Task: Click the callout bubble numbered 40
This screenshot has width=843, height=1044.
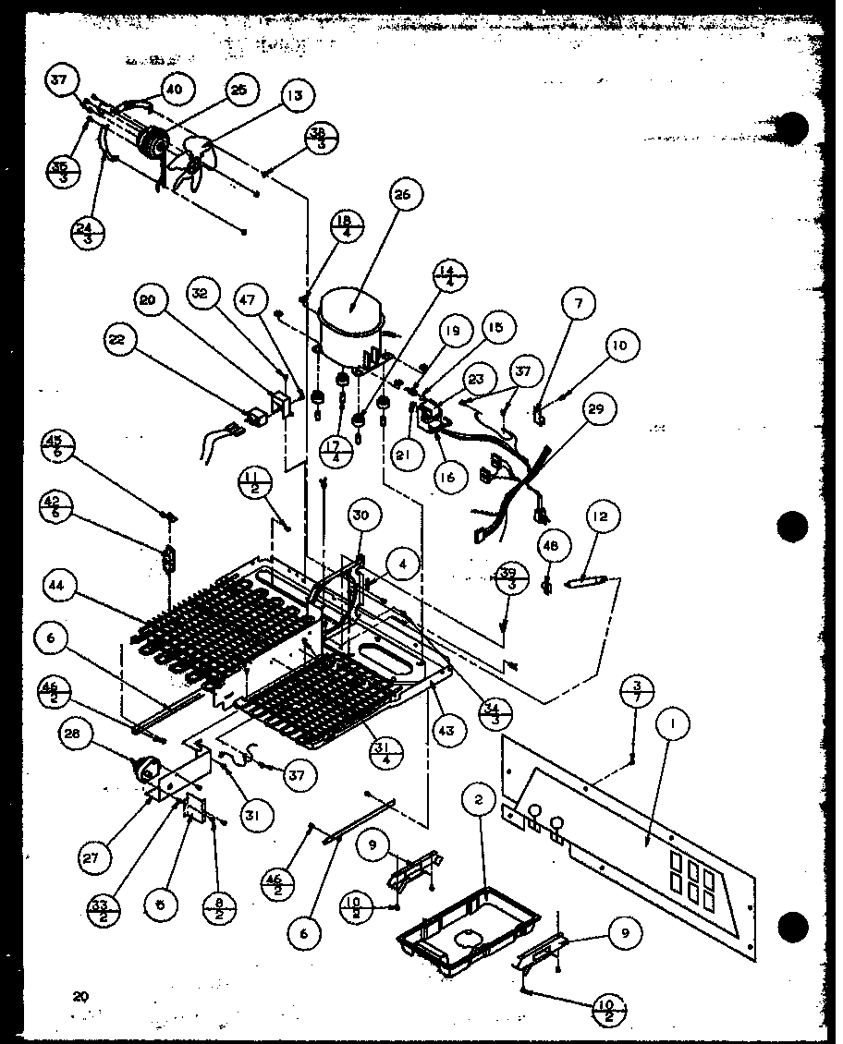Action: tap(174, 90)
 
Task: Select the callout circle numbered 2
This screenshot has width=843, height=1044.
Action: tap(479, 802)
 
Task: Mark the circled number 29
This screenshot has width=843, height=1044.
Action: tap(598, 408)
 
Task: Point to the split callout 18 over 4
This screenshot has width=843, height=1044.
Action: tap(344, 227)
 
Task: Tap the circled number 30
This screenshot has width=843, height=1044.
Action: tap(360, 516)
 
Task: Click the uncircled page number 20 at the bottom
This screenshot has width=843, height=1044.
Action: tap(82, 995)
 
